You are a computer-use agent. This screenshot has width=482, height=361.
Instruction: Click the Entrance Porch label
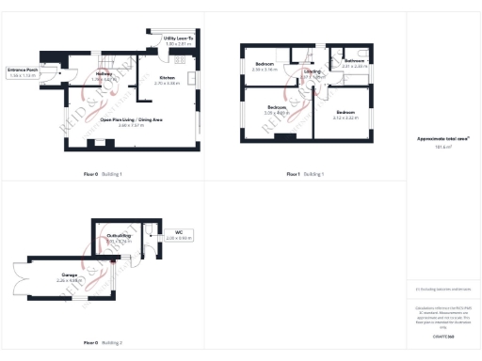point(22,70)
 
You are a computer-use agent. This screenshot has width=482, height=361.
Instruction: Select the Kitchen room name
point(167,77)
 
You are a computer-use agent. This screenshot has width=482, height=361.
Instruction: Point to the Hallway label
point(104,74)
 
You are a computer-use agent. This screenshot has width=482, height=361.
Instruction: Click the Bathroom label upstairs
point(354,62)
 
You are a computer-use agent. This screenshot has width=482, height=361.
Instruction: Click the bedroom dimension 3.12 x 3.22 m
point(346,118)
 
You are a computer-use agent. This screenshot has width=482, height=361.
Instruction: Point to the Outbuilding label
point(119,236)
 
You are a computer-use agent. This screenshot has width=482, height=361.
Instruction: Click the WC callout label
point(178,232)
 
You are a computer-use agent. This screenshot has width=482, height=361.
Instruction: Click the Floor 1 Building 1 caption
point(305,174)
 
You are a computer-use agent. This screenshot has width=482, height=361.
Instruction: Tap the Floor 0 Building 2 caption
point(103,343)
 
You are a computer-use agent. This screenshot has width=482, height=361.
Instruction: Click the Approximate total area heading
point(443,138)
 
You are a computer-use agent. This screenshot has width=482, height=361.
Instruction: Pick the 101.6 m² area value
point(443,148)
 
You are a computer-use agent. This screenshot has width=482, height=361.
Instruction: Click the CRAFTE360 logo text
point(443,335)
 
